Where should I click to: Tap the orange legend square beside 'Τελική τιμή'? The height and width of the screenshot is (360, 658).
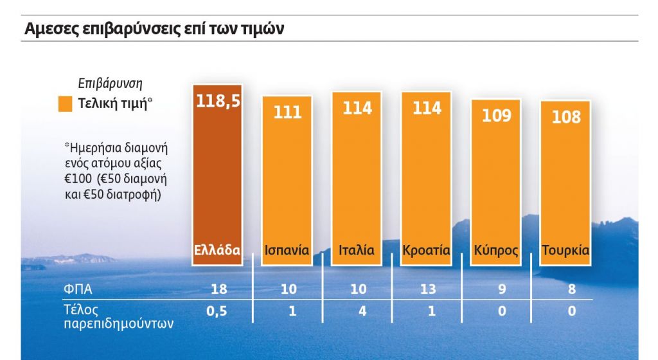[65, 105]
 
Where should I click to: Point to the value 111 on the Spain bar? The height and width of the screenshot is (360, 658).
[287, 112]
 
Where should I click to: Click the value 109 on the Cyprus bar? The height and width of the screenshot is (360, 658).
[496, 115]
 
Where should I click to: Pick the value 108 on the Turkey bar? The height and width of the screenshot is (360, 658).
[565, 117]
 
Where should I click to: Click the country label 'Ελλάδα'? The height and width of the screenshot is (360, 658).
[217, 250]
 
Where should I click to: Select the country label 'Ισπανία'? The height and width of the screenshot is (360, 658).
[287, 250]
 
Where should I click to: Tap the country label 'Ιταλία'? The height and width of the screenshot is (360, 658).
[357, 250]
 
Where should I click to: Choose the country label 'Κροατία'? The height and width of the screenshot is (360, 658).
[426, 250]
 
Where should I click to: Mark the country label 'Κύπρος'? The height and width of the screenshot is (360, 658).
[496, 251]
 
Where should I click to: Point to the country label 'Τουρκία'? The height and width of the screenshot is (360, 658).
[565, 250]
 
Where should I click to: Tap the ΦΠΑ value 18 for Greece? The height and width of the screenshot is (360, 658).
[218, 289]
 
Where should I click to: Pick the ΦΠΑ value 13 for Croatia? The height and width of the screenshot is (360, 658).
[427, 289]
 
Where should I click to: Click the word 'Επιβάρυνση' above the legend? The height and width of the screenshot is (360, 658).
[110, 83]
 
